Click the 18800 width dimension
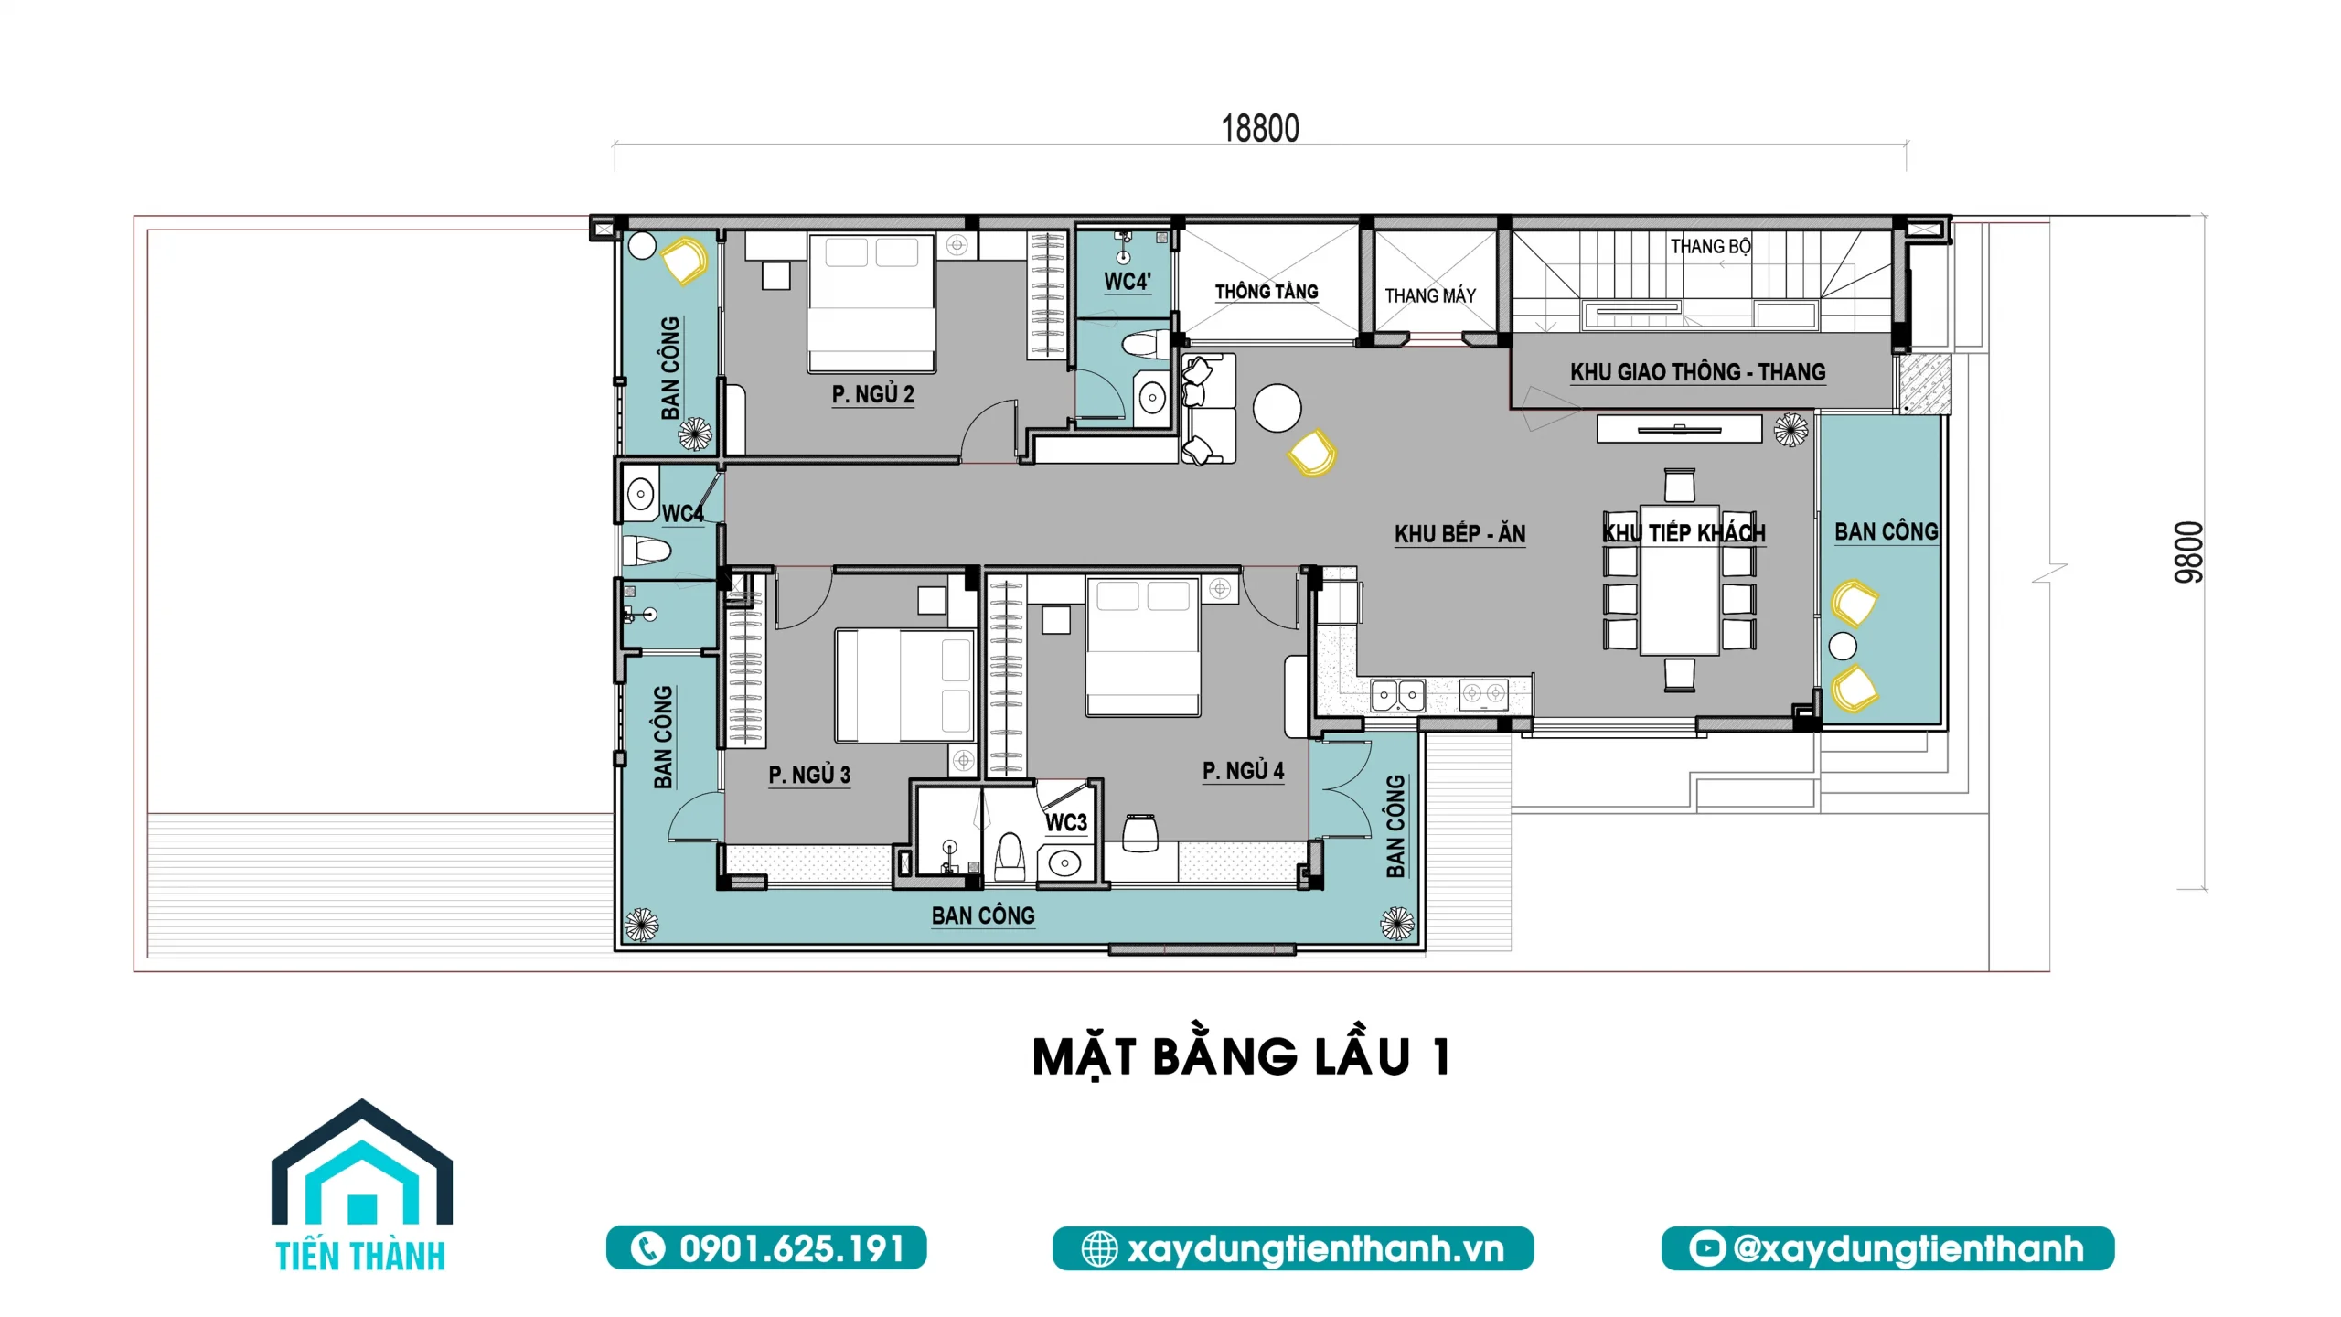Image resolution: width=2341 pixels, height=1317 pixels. click(x=1259, y=129)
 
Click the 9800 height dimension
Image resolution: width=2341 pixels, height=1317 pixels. click(x=2188, y=552)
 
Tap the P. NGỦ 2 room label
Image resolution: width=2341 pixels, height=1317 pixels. click(x=872, y=394)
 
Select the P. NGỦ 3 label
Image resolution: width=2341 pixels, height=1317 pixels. click(x=809, y=775)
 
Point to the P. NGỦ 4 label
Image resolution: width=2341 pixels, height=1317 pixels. click(x=1243, y=771)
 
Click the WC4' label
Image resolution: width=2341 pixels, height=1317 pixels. click(x=1127, y=282)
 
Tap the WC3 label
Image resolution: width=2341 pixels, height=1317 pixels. click(x=1065, y=822)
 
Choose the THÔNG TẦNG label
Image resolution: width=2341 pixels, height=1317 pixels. click(x=1267, y=292)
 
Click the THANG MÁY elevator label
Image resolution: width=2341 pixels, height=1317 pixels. click(x=1430, y=295)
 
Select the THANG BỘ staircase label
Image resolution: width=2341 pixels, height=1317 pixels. click(x=1710, y=246)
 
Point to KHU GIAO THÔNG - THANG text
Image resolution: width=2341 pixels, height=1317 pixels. click(x=1697, y=372)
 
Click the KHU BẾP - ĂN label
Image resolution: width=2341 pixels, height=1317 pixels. click(x=1459, y=534)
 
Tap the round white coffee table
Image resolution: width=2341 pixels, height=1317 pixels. click(x=1277, y=408)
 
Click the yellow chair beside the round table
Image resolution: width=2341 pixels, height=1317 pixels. click(x=1312, y=453)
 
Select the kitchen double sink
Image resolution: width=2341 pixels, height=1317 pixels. click(x=1398, y=695)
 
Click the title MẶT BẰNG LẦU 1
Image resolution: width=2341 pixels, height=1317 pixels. click(x=1241, y=1057)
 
